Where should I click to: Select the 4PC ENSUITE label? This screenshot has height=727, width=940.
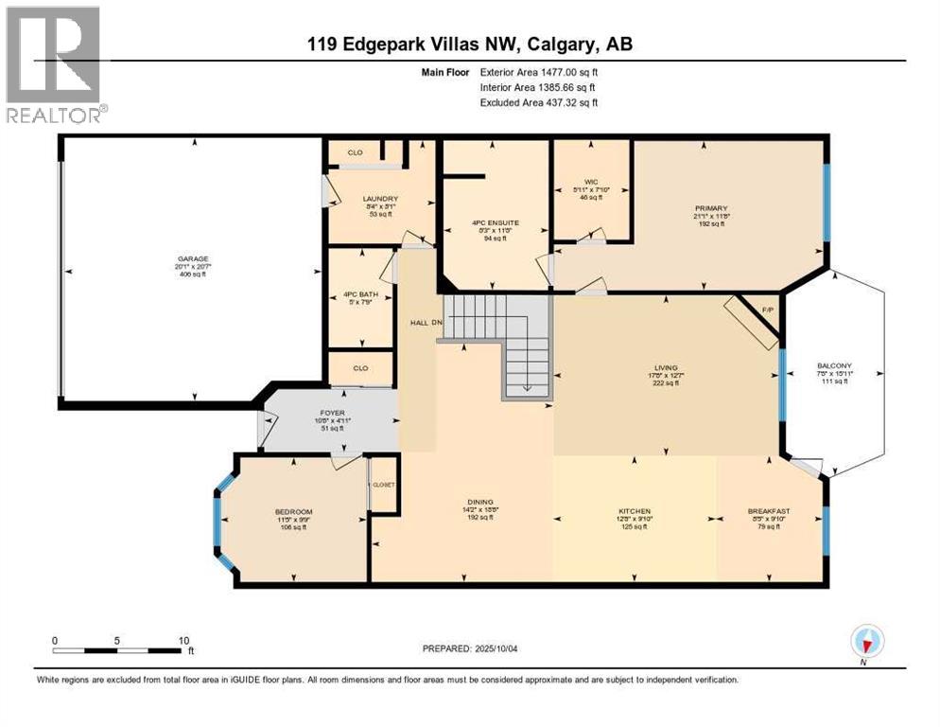tap(496, 223)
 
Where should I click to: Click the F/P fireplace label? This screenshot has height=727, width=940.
tap(767, 309)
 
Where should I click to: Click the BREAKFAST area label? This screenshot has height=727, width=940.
tap(768, 512)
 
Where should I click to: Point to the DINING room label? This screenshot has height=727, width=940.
tap(479, 503)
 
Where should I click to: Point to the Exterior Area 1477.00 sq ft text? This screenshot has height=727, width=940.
tap(538, 71)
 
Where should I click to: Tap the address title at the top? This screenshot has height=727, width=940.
tap(469, 45)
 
